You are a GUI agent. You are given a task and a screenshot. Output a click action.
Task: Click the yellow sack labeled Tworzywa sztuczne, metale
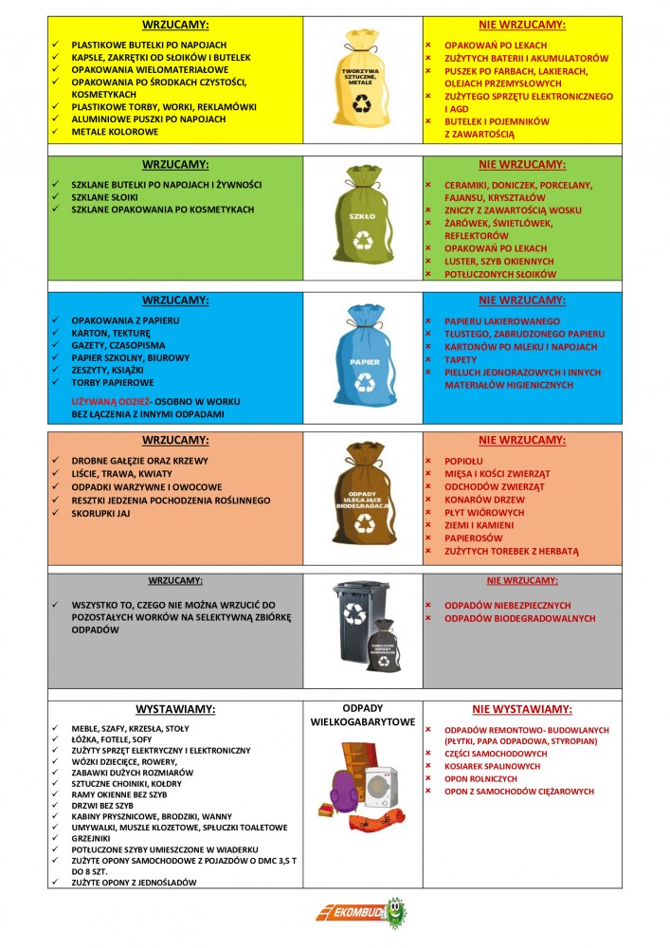362,81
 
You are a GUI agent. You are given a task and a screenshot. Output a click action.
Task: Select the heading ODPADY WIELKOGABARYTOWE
363,715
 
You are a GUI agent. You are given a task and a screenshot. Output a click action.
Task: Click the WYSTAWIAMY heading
175,708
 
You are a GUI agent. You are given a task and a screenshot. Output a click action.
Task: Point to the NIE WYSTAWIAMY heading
522,708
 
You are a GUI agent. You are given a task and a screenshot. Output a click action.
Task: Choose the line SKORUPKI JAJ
107,513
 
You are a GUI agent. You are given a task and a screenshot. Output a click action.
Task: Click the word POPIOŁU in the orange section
464,460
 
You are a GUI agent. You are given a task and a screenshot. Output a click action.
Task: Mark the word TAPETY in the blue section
462,360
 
